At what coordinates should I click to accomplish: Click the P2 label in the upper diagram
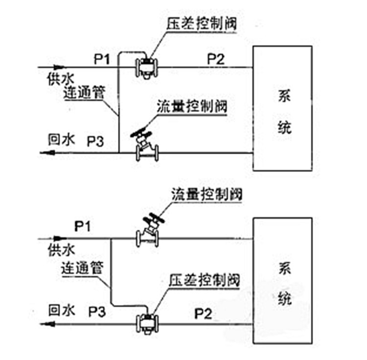[215, 59]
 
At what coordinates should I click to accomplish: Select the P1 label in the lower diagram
[84, 226]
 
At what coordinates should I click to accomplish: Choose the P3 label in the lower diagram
[97, 311]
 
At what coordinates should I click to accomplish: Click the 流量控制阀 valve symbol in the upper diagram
[145, 147]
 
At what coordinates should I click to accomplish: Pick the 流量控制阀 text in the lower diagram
[207, 194]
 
